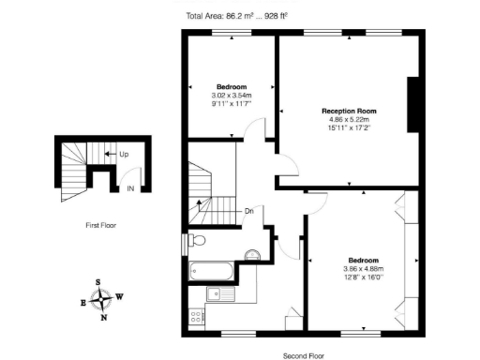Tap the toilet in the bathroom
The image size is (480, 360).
pyautogui.click(x=196, y=241)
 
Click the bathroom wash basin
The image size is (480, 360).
pyautogui.click(x=251, y=255)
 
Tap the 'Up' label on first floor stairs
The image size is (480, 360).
pyautogui.click(x=124, y=153)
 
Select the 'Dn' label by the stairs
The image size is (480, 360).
pyautogui.click(x=248, y=211)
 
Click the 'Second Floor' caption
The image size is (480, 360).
pyautogui.click(x=303, y=355)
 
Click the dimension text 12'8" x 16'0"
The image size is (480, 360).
pyautogui.click(x=364, y=277)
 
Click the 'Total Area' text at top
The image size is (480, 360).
pyautogui.click(x=237, y=16)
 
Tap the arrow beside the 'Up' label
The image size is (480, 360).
pyautogui.click(x=111, y=153)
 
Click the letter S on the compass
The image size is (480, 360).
pyautogui.click(x=98, y=282)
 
